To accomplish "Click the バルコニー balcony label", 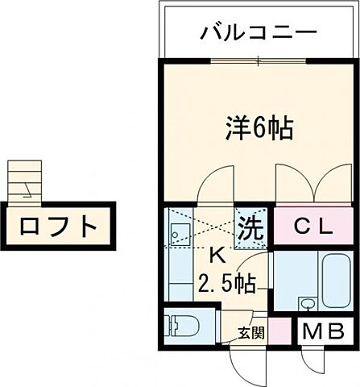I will click(259, 34).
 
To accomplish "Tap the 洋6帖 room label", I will click(257, 127).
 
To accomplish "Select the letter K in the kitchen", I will click(216, 256).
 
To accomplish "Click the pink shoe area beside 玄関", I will click(278, 330).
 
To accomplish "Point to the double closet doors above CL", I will click(314, 186).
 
